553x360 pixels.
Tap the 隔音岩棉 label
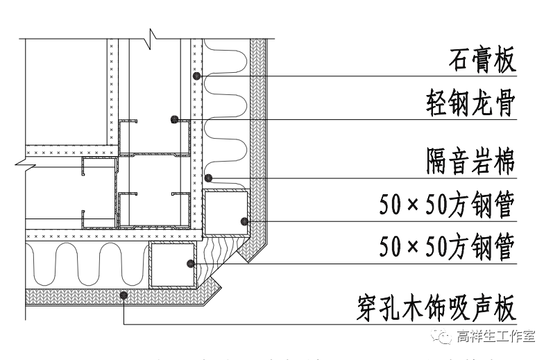point(470,163)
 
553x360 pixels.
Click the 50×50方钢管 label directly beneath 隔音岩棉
point(447,205)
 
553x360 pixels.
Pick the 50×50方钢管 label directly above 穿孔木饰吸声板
point(447,247)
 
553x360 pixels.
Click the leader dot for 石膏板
point(197,75)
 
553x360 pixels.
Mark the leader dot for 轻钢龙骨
point(175,119)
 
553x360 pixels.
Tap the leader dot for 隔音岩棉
point(207,178)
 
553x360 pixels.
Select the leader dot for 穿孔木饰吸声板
point(123,295)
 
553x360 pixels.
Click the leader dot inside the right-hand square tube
point(244,222)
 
